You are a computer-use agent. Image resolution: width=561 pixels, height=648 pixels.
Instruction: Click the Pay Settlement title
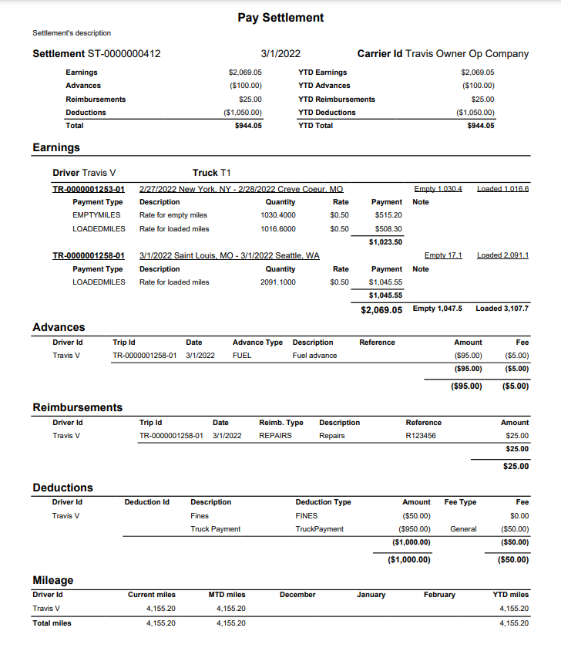click(280, 18)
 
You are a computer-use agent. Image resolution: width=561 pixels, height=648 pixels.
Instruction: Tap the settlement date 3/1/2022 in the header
click(280, 54)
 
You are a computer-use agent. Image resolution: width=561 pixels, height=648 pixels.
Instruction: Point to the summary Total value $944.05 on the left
click(247, 126)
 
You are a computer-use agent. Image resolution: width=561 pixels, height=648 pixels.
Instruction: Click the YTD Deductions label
click(327, 113)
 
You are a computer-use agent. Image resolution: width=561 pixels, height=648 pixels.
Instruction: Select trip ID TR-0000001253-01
click(88, 189)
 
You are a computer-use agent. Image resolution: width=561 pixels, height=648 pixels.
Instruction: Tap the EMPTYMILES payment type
click(96, 215)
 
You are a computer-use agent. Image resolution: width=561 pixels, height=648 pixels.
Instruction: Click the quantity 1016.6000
click(277, 229)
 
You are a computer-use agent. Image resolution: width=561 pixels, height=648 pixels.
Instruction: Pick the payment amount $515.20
click(388, 215)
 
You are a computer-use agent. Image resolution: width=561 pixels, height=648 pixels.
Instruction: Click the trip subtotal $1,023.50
click(385, 242)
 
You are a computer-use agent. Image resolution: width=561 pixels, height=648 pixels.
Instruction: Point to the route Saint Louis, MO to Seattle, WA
click(229, 255)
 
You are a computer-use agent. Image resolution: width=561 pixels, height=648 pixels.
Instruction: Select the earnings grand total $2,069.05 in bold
click(381, 309)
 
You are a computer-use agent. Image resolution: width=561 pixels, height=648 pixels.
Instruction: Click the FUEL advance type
click(242, 356)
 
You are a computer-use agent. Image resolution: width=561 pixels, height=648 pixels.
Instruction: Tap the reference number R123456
click(421, 436)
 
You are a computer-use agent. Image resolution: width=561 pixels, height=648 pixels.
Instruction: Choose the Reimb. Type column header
click(280, 423)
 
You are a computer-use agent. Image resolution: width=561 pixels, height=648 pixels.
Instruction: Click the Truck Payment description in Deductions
click(215, 529)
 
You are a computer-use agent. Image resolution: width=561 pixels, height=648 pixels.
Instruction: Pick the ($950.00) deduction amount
click(416, 529)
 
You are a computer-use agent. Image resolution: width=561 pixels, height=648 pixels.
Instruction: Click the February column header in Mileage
click(439, 595)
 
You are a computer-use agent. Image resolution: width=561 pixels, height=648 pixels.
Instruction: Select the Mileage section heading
click(53, 580)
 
